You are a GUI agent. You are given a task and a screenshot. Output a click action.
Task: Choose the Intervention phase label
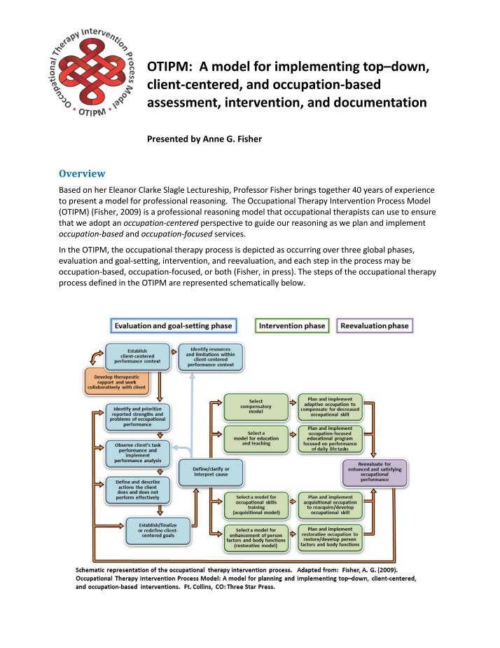[x=292, y=325]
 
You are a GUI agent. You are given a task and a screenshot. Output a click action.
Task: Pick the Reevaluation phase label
[x=373, y=325]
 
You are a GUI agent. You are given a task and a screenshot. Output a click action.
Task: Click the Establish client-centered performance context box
[x=137, y=356]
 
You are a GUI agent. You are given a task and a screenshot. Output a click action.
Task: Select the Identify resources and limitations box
[x=210, y=356]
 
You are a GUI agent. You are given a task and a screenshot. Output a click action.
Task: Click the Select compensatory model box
[x=256, y=406]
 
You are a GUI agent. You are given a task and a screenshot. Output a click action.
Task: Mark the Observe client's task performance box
[x=137, y=452]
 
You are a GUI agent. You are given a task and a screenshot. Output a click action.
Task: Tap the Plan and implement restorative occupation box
[x=330, y=536]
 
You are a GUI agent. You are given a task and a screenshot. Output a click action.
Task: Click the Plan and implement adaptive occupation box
[x=330, y=406]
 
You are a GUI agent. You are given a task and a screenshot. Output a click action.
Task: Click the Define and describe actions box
[x=137, y=492]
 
